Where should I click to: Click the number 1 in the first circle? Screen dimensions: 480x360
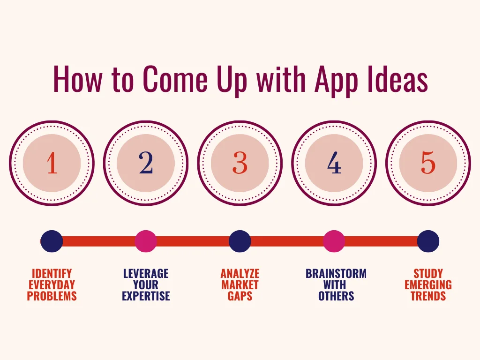52,163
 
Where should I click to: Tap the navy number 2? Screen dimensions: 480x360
146,163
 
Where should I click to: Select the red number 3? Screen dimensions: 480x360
240,163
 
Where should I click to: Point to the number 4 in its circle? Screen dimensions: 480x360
334,163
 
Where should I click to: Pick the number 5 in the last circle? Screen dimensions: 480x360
428,163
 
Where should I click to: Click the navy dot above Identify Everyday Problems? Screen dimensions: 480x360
52,241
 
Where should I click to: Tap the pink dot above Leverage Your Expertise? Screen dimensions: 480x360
146,241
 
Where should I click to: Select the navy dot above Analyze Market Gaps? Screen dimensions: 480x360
240,241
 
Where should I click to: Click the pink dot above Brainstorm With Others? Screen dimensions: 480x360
334,241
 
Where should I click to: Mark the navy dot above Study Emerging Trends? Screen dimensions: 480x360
428,241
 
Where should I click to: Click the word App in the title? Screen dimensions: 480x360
337,81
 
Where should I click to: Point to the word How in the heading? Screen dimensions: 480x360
77,79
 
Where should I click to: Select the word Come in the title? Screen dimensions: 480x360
175,79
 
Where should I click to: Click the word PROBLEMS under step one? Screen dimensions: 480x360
52,296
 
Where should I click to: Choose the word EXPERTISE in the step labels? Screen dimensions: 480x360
146,296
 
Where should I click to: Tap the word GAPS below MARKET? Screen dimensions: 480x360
240,296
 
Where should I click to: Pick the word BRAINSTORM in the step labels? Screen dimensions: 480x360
336,273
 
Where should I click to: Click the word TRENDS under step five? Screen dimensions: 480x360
428,296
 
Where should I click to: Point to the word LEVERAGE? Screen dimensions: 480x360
146,273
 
